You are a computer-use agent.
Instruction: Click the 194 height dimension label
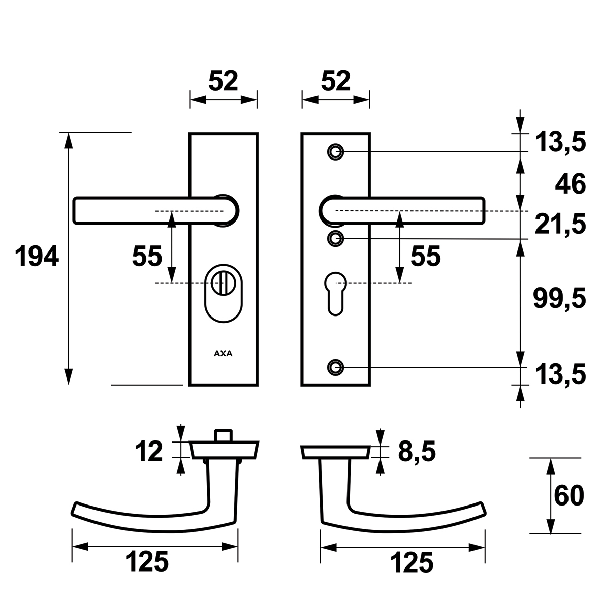pos(37,256)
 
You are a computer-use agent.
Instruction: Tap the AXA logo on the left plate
pos(223,354)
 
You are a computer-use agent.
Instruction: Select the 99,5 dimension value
pos(559,299)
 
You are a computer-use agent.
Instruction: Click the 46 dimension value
pos(571,183)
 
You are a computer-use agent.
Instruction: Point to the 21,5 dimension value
pos(559,224)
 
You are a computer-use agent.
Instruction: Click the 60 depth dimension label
pos(569,495)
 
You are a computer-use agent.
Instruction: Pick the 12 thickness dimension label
pos(149,451)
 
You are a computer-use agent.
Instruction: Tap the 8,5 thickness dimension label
pos(417,451)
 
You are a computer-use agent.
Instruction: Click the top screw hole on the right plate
pos(335,151)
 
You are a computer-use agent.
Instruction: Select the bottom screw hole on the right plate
pos(335,366)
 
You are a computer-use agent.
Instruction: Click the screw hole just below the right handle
pos(335,238)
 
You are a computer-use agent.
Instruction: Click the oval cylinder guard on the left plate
pos(223,293)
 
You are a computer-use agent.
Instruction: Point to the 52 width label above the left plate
pos(223,81)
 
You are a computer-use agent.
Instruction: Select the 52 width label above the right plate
pos(336,81)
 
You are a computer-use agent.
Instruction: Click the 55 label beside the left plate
pos(147,256)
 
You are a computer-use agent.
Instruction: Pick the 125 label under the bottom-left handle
pos(147,562)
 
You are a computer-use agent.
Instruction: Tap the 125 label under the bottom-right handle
pos(412,562)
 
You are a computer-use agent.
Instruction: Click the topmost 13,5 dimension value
pos(559,142)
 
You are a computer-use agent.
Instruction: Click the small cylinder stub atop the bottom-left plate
pos(224,435)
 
